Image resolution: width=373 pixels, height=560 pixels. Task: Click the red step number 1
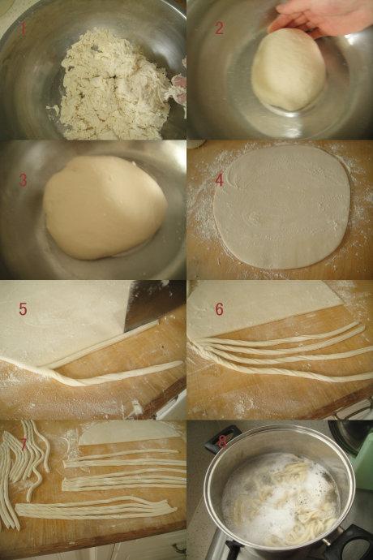tap(24, 29)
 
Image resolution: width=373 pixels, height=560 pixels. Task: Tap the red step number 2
tap(219, 28)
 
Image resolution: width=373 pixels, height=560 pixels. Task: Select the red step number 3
tap(23, 180)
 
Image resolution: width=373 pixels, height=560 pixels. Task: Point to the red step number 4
tap(219, 180)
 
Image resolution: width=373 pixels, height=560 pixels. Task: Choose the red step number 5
tap(23, 309)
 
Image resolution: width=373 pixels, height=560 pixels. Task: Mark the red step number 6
tap(219, 309)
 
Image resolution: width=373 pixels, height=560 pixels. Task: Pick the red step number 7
tap(24, 444)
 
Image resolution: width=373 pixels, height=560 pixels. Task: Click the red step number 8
tap(221, 442)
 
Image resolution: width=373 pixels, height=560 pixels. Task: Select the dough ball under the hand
tap(289, 70)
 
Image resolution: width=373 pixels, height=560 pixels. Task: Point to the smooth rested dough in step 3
tap(105, 207)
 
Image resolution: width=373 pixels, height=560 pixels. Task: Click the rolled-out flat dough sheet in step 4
tap(282, 207)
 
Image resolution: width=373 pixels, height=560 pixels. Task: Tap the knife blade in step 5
tap(153, 304)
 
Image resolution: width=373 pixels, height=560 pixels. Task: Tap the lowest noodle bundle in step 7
tap(96, 508)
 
